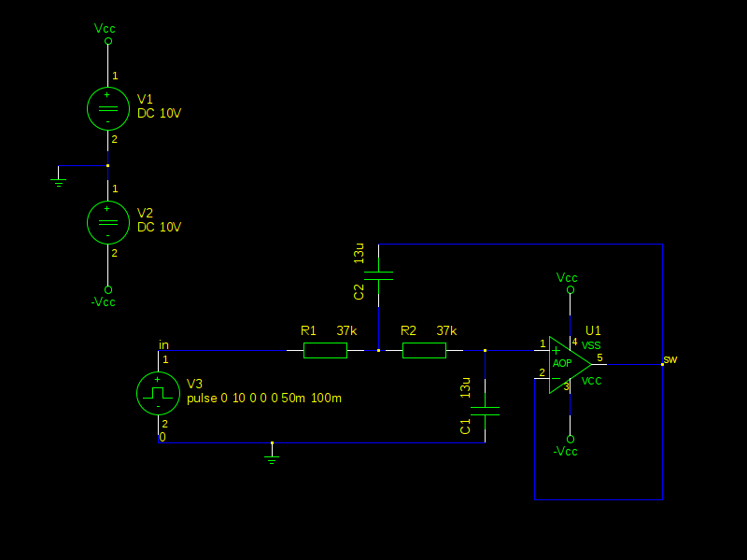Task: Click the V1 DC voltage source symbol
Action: (x=108, y=108)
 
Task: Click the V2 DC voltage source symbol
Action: (x=108, y=222)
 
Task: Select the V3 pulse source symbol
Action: (x=158, y=393)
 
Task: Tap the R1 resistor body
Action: (x=325, y=351)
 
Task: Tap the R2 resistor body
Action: (x=425, y=351)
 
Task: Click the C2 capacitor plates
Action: (x=379, y=275)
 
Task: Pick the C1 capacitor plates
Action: (x=485, y=411)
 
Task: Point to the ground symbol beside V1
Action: (x=59, y=182)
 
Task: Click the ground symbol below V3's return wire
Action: (x=272, y=459)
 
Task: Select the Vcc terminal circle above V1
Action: (x=108, y=41)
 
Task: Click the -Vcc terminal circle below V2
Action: (x=108, y=289)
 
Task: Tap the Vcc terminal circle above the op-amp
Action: (x=571, y=290)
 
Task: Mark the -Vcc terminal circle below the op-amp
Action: (x=571, y=439)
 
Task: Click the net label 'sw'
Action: (x=670, y=359)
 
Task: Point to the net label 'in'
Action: (x=163, y=344)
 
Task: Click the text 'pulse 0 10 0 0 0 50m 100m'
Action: (x=264, y=399)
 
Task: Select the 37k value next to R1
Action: (x=346, y=330)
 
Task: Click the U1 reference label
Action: (x=593, y=330)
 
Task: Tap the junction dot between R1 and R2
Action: (x=379, y=351)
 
